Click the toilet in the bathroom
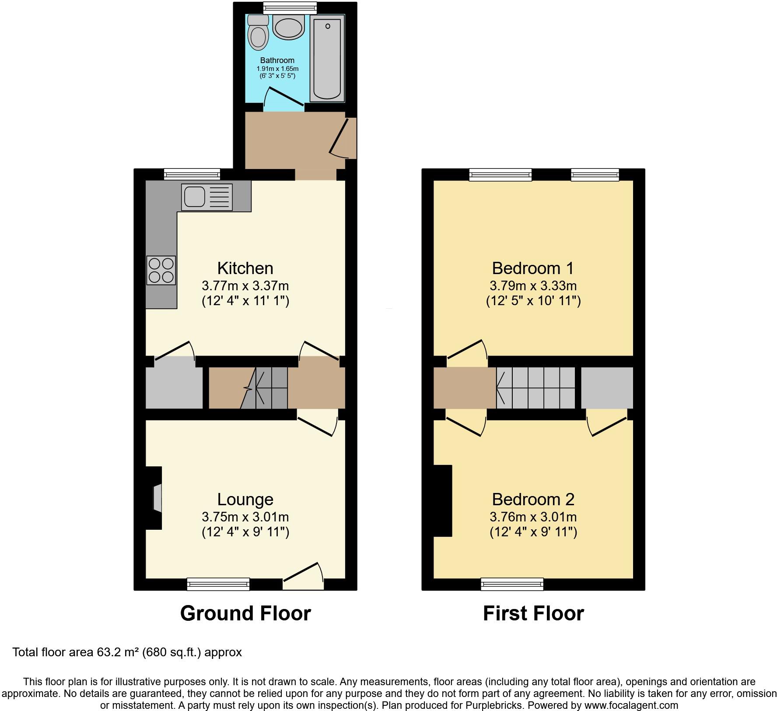tap(258, 33)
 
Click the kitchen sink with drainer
tap(206, 197)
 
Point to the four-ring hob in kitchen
tap(161, 270)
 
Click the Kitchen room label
tap(245, 268)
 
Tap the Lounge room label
tap(245, 499)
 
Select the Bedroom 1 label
tap(532, 268)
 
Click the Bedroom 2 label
tap(532, 499)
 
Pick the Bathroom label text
tap(277, 60)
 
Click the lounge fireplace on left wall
tap(154, 498)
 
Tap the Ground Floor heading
tap(245, 613)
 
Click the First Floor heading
tap(533, 613)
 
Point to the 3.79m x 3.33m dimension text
tap(532, 286)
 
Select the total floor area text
tap(127, 652)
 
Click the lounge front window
tap(218, 584)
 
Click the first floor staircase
tap(535, 387)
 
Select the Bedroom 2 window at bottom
tap(512, 584)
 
